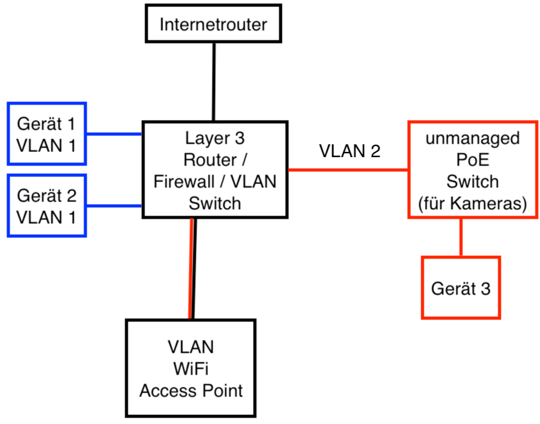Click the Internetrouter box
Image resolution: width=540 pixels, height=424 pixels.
[213, 25]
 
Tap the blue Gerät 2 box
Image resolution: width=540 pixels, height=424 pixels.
[46, 205]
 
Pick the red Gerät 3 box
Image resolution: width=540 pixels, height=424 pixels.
[460, 288]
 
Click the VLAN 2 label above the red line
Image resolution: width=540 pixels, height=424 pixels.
[350, 151]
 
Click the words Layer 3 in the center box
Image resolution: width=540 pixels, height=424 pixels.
[214, 137]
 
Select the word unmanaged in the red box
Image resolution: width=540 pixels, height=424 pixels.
[473, 139]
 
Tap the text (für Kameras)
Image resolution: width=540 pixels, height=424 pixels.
[473, 204]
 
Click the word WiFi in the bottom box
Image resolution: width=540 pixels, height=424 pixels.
[191, 369]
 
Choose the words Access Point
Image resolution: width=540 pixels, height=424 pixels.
[191, 390]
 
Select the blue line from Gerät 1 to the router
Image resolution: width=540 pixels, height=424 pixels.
[114, 135]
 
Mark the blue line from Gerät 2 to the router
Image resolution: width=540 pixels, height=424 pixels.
[114, 206]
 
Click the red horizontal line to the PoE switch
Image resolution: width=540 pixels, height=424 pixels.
[348, 170]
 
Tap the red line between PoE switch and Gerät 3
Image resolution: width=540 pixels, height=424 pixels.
[460, 237]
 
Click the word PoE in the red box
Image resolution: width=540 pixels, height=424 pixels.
[473, 160]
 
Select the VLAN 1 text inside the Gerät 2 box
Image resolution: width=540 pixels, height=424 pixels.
[46, 216]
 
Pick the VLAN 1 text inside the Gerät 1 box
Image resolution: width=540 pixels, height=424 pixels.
[46, 145]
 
